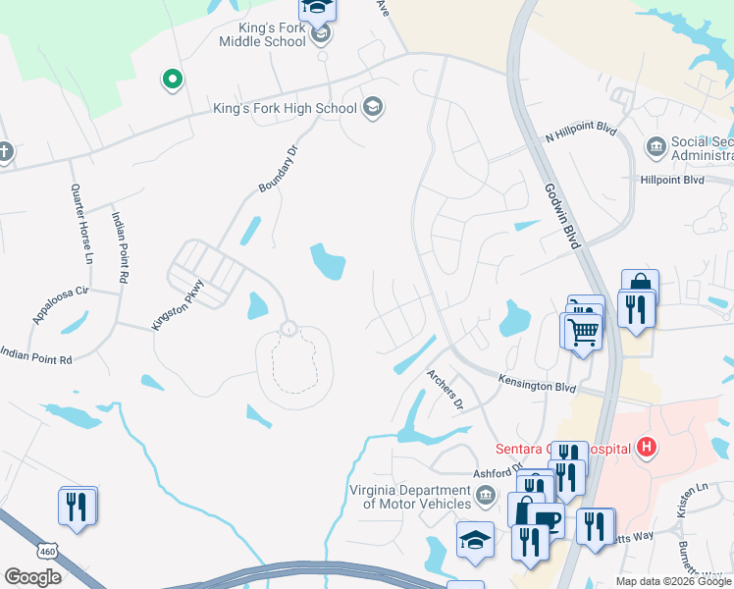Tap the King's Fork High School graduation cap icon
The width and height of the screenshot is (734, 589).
pyautogui.click(x=373, y=106)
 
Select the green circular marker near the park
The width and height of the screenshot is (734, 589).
pyautogui.click(x=172, y=80)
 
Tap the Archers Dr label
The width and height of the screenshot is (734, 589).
pyautogui.click(x=445, y=388)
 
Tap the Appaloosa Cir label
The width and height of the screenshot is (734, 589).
pyautogui.click(x=61, y=305)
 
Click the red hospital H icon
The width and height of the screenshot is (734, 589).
pyautogui.click(x=646, y=449)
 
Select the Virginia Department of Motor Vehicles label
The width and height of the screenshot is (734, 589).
pyautogui.click(x=410, y=497)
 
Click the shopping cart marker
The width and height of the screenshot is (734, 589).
pyautogui.click(x=583, y=333)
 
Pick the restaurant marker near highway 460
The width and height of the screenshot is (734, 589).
pyautogui.click(x=78, y=507)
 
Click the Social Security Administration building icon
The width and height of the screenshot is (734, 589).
pyautogui.click(x=655, y=148)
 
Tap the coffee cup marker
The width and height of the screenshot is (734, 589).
pyautogui.click(x=549, y=520)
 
